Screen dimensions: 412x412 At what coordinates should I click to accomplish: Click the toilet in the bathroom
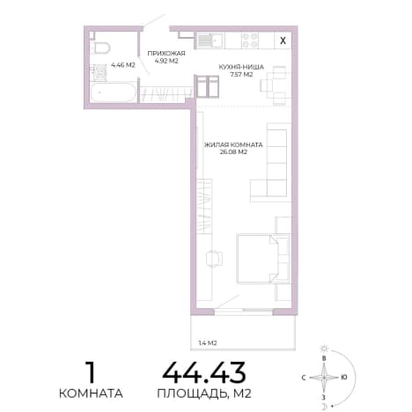100,48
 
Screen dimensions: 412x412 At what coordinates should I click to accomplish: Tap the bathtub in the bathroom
113,92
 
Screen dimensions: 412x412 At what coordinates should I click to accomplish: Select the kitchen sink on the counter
210,40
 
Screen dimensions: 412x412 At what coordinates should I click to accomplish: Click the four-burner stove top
250,40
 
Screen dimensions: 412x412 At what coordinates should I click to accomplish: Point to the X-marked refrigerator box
283,40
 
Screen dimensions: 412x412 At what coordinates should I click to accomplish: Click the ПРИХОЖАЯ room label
166,54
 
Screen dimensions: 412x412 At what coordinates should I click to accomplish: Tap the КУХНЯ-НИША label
241,67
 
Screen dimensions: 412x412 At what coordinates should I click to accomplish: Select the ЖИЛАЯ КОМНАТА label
233,145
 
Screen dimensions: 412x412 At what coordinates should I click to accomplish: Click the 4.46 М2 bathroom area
123,65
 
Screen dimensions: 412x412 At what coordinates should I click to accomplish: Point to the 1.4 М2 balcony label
208,342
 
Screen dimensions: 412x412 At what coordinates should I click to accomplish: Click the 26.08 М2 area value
233,152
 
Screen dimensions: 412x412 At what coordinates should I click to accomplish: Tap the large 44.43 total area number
204,372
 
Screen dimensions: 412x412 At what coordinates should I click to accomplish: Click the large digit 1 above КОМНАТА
91,372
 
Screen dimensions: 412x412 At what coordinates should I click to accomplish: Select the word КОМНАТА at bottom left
91,394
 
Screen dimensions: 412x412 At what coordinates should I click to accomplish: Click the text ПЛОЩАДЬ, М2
204,394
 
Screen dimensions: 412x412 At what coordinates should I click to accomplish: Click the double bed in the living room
263,258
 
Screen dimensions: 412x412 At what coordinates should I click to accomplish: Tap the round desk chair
214,259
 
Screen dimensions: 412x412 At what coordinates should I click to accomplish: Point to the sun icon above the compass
324,349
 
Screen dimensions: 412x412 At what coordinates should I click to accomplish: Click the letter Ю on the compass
344,378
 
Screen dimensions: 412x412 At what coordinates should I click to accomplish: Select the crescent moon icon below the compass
325,406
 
